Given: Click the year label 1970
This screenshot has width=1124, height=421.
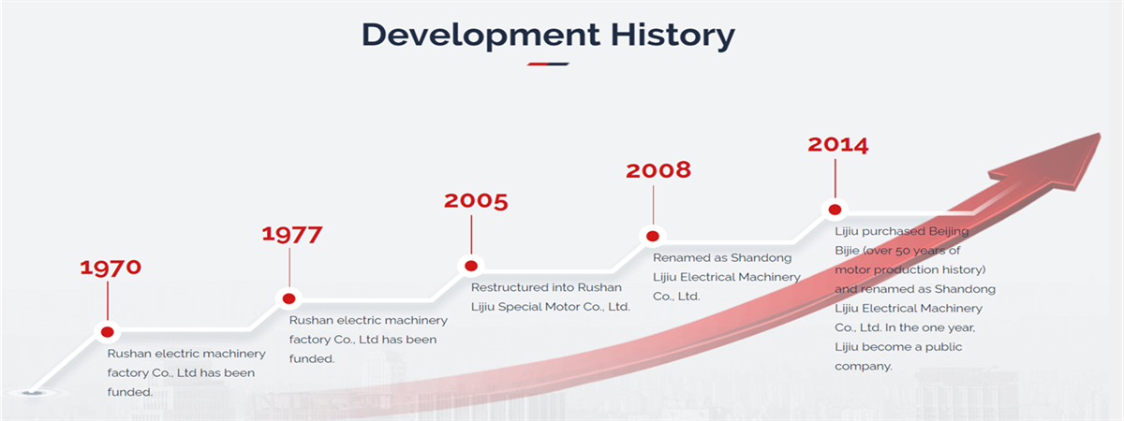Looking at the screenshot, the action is click(111, 268).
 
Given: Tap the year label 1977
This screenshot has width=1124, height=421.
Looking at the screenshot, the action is click(292, 235).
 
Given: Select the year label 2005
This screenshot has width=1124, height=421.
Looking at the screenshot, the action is click(476, 201).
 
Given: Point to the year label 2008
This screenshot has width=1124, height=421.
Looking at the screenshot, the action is click(658, 170).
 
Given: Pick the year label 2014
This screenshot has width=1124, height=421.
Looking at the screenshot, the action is click(838, 145).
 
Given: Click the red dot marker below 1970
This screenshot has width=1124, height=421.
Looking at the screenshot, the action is click(107, 332).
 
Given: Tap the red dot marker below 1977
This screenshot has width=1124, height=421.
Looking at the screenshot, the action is click(289, 298).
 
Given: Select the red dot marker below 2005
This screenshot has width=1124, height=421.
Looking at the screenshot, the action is click(470, 266).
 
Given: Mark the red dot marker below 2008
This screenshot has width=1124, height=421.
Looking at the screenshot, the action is click(652, 236).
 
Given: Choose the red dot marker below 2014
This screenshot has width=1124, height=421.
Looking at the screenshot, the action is click(835, 210).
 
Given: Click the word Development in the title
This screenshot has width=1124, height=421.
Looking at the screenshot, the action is click(481, 36).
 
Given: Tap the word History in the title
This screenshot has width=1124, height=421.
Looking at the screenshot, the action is click(673, 36).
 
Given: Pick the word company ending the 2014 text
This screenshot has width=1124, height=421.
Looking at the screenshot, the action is click(863, 367).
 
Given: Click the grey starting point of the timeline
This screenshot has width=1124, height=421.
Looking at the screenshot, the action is click(32, 392).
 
